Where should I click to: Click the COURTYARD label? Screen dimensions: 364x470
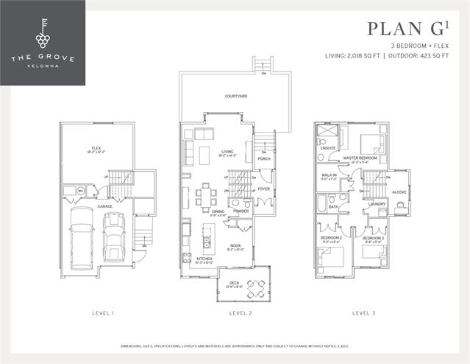pos(235,96)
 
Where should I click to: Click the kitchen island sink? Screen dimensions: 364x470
pos(207,242)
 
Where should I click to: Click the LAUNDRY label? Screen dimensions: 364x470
pos(377,204)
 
